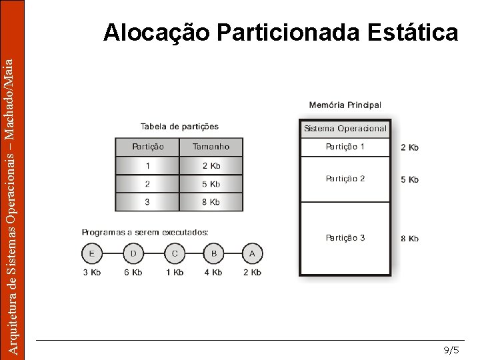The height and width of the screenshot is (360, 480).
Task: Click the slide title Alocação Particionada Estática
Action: point(281,32)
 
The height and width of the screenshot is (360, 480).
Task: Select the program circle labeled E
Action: point(92,253)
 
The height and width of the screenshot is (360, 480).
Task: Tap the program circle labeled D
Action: point(133,253)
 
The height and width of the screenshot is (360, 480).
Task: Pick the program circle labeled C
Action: point(175,253)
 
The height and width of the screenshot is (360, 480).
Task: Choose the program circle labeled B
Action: point(214,253)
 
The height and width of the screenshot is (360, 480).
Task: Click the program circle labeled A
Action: point(253,253)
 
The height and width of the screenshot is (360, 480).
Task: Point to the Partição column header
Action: point(147,147)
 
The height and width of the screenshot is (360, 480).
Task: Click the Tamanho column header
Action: point(211,147)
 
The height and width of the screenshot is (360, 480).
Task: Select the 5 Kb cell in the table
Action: point(211,184)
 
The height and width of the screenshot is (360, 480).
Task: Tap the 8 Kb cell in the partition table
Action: point(211,202)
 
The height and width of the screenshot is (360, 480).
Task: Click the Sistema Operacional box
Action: point(345,129)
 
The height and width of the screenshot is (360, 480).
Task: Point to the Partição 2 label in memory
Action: point(345,179)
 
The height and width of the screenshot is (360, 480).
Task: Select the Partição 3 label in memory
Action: point(345,238)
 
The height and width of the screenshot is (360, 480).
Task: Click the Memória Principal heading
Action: point(345,105)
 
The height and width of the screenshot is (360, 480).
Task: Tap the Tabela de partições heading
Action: point(179,127)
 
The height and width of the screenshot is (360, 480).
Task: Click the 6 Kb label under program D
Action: point(133,272)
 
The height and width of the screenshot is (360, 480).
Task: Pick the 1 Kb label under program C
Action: point(175,272)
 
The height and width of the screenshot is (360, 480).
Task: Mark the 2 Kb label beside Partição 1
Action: point(409,147)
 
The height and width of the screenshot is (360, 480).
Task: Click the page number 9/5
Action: point(451,350)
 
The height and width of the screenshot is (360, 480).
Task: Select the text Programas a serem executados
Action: point(145,232)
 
